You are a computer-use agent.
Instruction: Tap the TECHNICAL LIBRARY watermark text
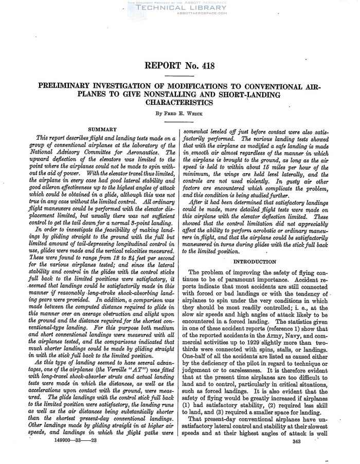(x=179, y=9)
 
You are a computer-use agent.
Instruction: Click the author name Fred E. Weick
(x=179, y=113)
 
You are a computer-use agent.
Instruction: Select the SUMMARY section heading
(x=102, y=129)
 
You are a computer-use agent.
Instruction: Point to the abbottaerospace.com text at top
(x=179, y=14)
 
